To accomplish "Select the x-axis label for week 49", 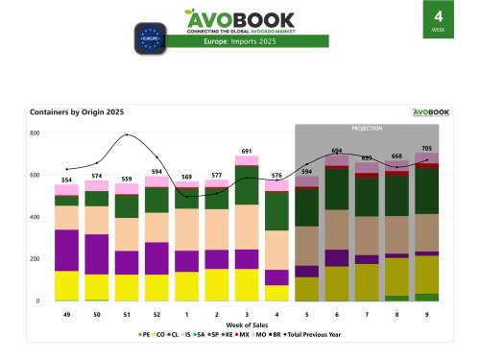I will point(66,313).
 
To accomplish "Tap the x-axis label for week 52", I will point(156,313).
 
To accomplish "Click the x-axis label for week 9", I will point(427,313).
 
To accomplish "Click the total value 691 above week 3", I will point(247,151).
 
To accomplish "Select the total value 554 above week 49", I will point(66,180).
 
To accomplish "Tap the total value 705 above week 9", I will point(427,148).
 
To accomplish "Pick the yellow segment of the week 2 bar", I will point(217,284).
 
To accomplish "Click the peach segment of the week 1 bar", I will point(187,229).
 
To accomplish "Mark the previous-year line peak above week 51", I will point(126,134).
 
